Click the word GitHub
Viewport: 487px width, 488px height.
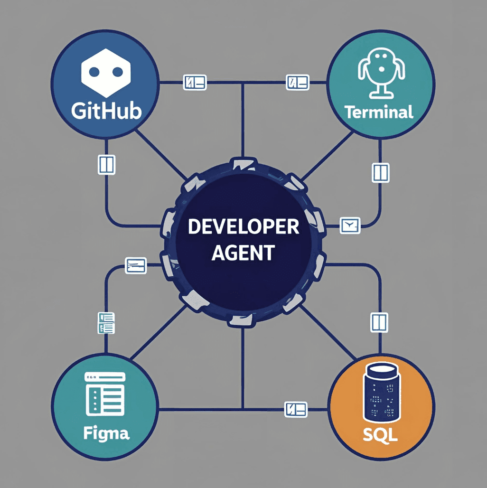tap(106, 111)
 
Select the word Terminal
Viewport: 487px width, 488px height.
tap(379, 112)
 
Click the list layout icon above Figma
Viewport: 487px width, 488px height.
tap(105, 394)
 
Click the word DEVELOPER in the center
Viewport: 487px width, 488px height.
tap(243, 227)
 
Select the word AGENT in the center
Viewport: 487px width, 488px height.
tap(243, 253)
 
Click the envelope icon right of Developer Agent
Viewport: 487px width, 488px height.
tap(350, 225)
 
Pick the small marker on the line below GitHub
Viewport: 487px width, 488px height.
tap(106, 164)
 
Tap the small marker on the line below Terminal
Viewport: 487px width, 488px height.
tap(380, 172)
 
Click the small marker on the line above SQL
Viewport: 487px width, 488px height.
tap(379, 322)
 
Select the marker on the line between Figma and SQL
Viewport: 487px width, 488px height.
tap(296, 409)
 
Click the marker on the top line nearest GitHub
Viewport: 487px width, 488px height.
tap(195, 82)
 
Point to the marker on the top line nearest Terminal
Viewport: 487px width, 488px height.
tap(297, 82)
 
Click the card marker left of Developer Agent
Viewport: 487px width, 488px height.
tap(136, 265)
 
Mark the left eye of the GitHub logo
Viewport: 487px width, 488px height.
tap(94, 72)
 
